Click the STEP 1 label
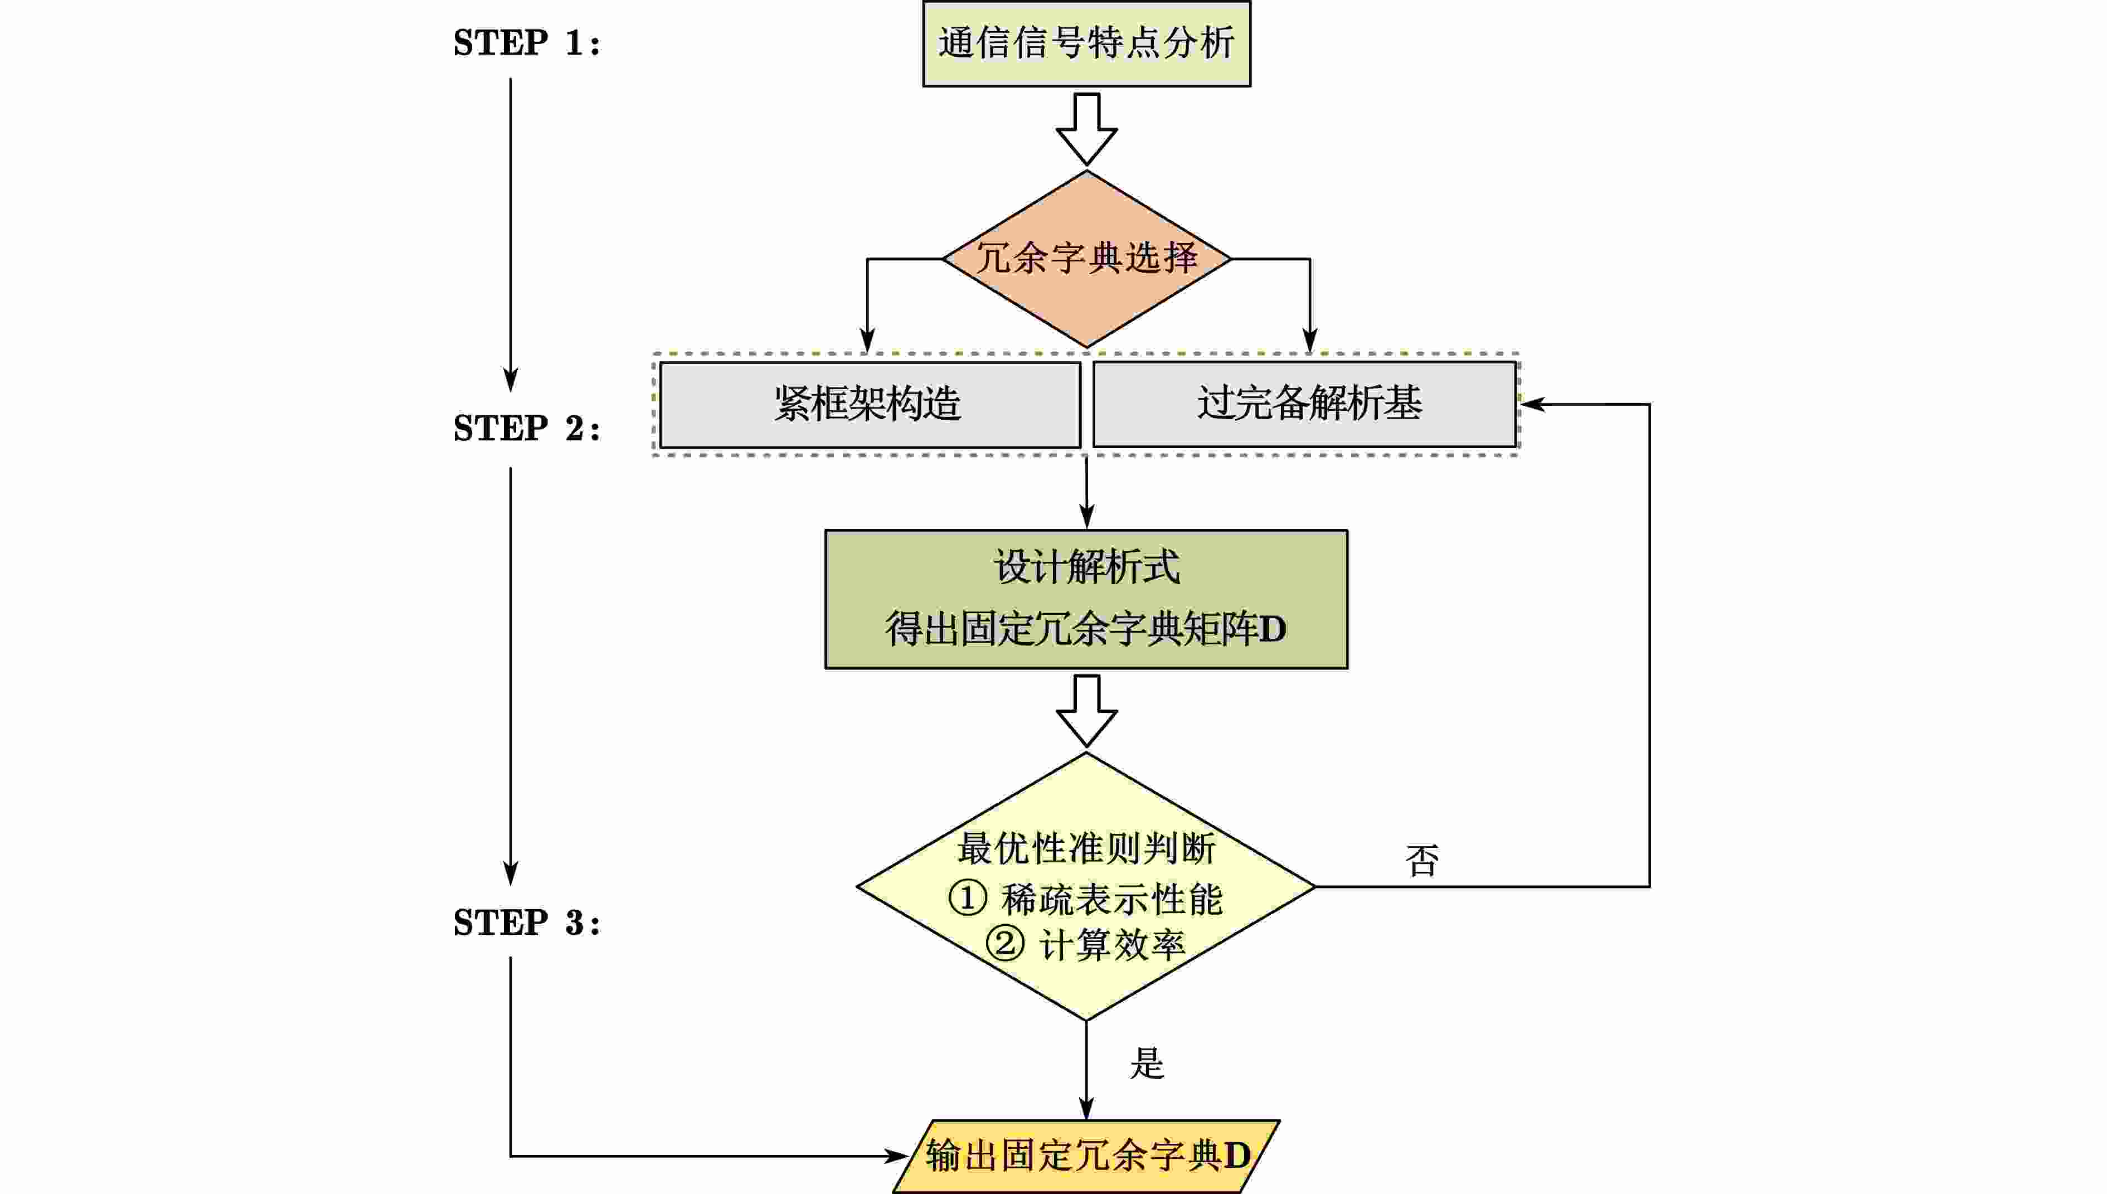tap(526, 42)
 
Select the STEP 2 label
tap(526, 428)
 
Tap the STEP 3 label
tap(526, 923)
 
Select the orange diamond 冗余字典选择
tap(1086, 258)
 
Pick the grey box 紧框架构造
tap(869, 404)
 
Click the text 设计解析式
tap(1086, 567)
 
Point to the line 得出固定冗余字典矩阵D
tap(1086, 629)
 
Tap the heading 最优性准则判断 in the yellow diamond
tap(1086, 848)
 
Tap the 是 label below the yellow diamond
tap(1146, 1064)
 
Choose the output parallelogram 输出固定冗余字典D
tap(1086, 1156)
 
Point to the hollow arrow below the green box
tap(1086, 711)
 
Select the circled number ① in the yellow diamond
tap(968, 898)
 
